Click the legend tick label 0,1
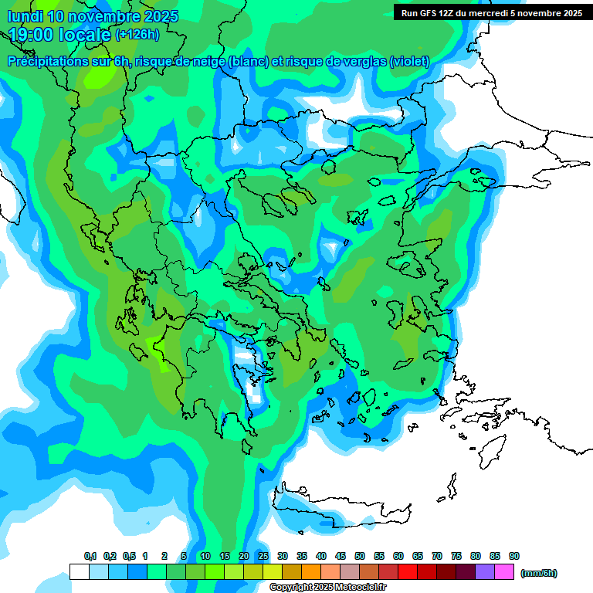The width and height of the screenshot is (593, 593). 90,556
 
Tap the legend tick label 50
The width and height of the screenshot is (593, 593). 360,556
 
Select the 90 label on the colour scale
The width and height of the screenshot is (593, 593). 514,556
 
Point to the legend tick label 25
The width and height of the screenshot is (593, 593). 263,556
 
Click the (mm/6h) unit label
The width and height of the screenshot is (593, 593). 539,573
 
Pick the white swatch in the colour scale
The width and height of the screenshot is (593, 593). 79,572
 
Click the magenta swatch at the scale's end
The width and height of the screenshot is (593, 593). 504,572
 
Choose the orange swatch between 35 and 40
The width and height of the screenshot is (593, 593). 311,572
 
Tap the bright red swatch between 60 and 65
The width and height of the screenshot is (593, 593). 408,572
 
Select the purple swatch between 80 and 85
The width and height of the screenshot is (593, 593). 485,572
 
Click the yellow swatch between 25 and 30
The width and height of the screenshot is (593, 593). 273,572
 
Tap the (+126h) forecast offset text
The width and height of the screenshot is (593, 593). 137,34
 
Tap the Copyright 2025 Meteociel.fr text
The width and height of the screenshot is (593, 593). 327,587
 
